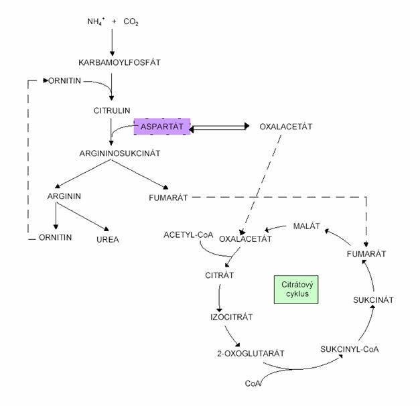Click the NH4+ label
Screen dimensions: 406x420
point(94,21)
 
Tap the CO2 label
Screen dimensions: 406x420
point(131,21)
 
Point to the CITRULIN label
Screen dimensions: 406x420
point(111,109)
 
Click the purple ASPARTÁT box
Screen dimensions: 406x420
point(162,125)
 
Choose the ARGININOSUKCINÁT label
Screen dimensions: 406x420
point(119,153)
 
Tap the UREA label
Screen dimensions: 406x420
point(108,239)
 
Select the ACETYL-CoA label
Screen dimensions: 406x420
point(188,234)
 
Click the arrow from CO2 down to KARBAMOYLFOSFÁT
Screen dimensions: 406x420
point(113,42)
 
